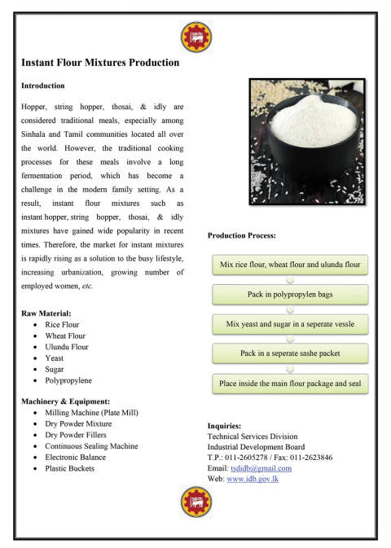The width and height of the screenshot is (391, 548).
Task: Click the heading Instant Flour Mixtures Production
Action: (x=100, y=62)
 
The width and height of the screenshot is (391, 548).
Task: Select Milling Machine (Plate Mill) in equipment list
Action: (x=90, y=414)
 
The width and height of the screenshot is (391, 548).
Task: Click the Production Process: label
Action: (x=242, y=235)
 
